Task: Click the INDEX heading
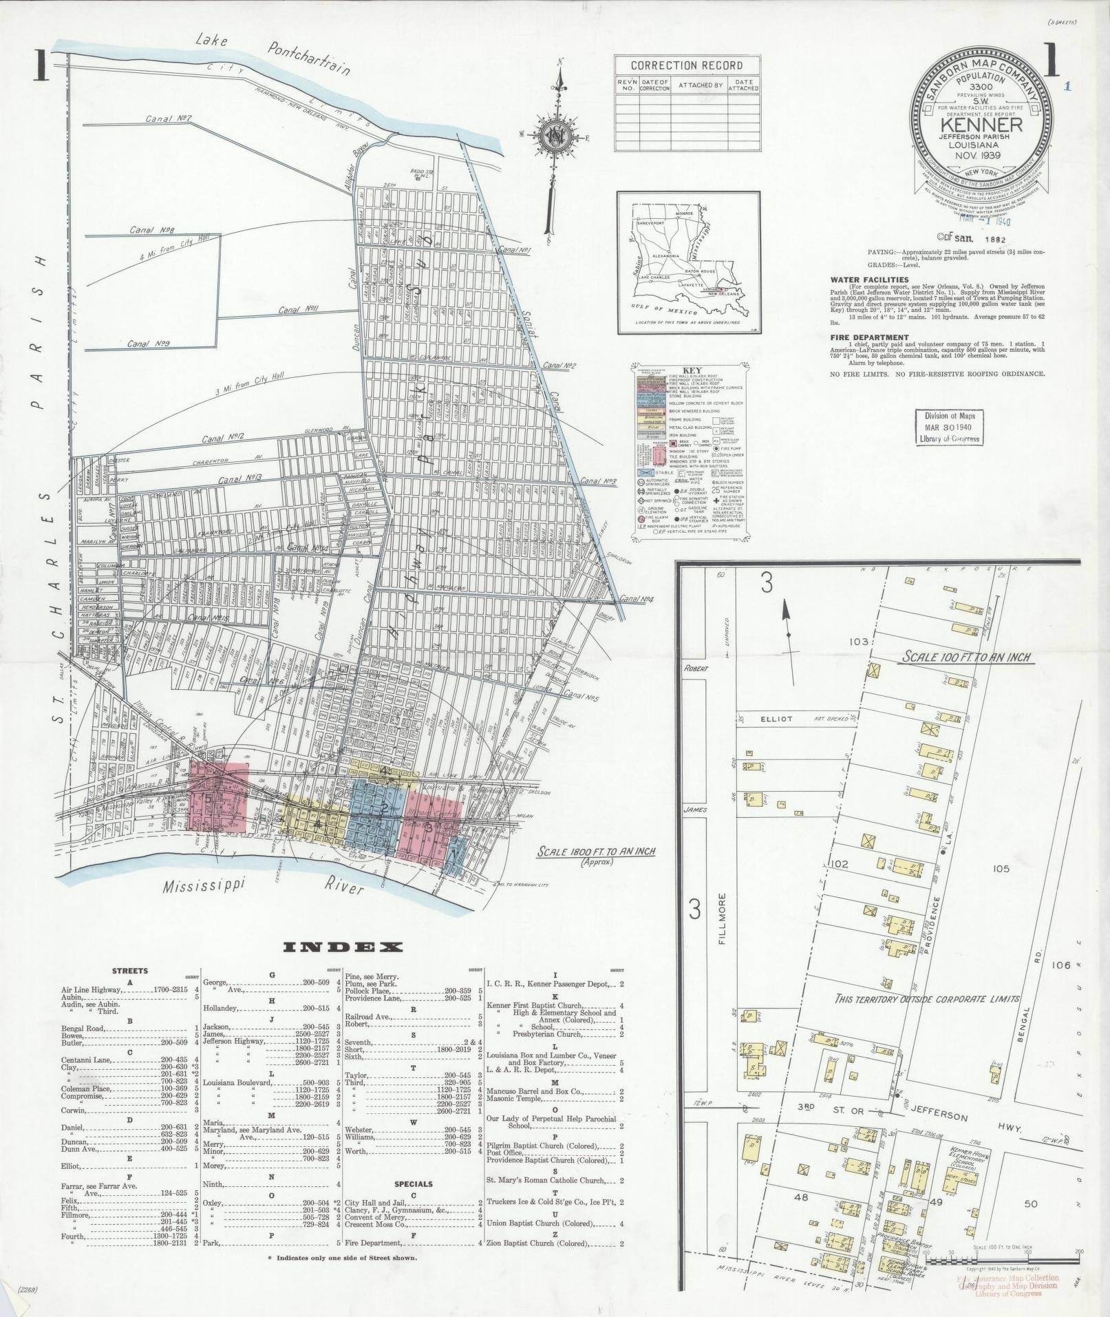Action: point(343,947)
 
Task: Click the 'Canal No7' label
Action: point(168,118)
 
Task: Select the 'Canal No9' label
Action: point(148,343)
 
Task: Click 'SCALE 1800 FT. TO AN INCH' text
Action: point(595,852)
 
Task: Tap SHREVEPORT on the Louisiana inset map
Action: point(654,224)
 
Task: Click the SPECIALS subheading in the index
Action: point(413,1184)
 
